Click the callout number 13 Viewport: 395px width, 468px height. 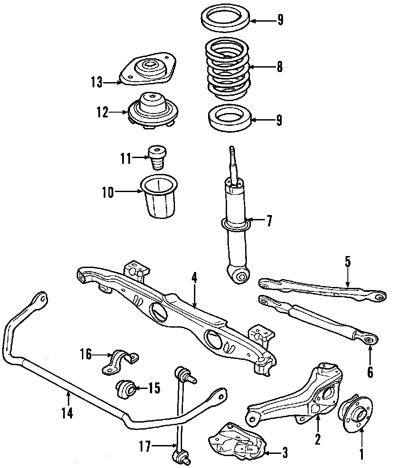coord(97,82)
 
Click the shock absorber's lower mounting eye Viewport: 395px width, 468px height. coord(241,276)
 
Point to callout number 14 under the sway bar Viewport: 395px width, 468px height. coord(67,413)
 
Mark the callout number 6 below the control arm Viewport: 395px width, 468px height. coord(369,372)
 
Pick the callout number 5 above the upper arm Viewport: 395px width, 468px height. coord(347,262)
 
